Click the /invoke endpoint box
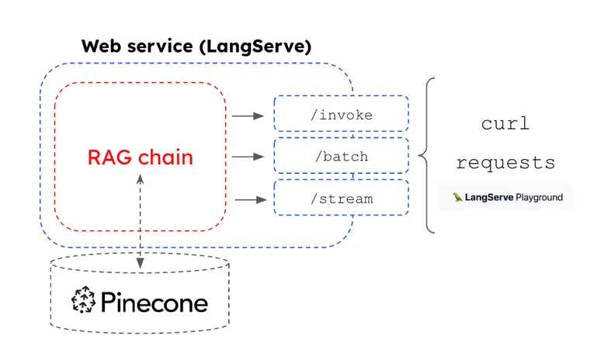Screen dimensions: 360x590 (341, 115)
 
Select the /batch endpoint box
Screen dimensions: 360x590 (341, 157)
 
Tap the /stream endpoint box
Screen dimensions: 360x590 (341, 199)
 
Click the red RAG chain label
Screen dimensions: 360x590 (140, 157)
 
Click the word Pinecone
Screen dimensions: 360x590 (154, 301)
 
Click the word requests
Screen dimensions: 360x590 (505, 163)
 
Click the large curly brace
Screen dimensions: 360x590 (427, 155)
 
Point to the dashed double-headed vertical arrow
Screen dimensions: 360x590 (140, 221)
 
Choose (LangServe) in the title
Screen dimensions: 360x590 (254, 46)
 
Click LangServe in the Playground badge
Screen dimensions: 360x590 (487, 197)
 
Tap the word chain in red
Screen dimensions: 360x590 (165, 157)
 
